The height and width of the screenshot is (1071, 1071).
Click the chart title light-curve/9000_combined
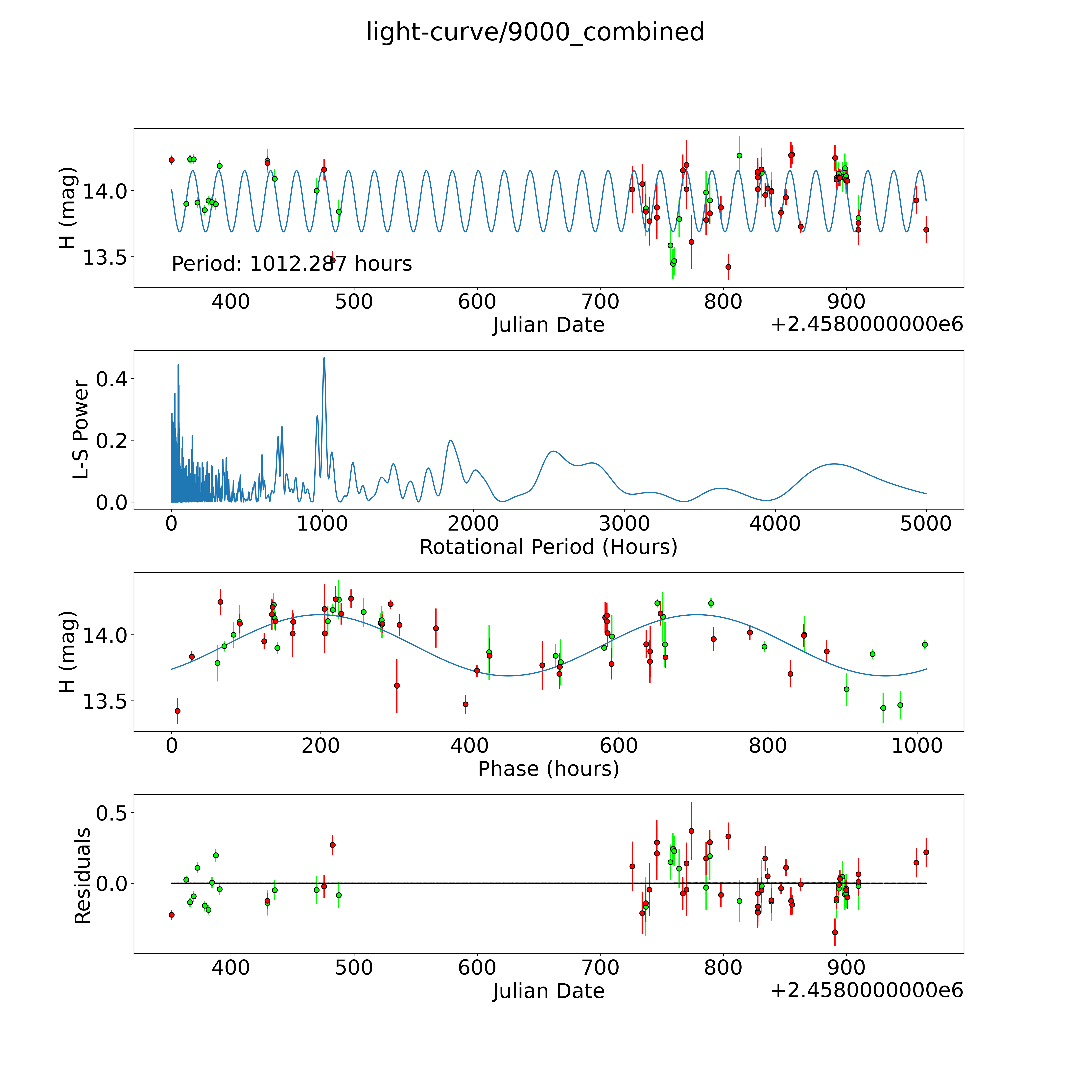pos(535,32)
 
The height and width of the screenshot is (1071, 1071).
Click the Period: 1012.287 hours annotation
pos(292,264)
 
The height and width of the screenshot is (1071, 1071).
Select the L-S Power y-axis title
pos(81,430)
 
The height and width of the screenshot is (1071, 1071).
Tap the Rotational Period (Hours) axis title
pos(548,547)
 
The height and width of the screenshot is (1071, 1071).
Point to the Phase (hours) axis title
pos(548,769)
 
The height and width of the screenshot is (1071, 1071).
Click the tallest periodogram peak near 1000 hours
pos(324,358)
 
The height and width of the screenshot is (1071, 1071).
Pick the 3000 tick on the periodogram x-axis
pos(624,523)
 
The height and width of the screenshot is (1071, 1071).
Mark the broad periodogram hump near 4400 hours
pos(834,464)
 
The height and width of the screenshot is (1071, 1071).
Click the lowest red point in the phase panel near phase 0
pos(177,711)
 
